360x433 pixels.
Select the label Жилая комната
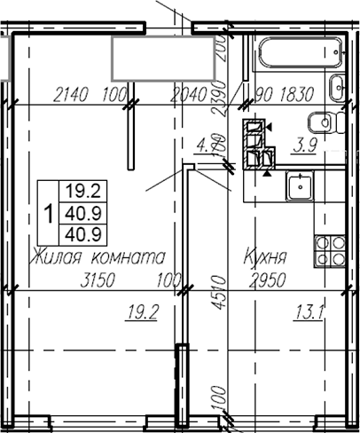[x=98, y=257]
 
